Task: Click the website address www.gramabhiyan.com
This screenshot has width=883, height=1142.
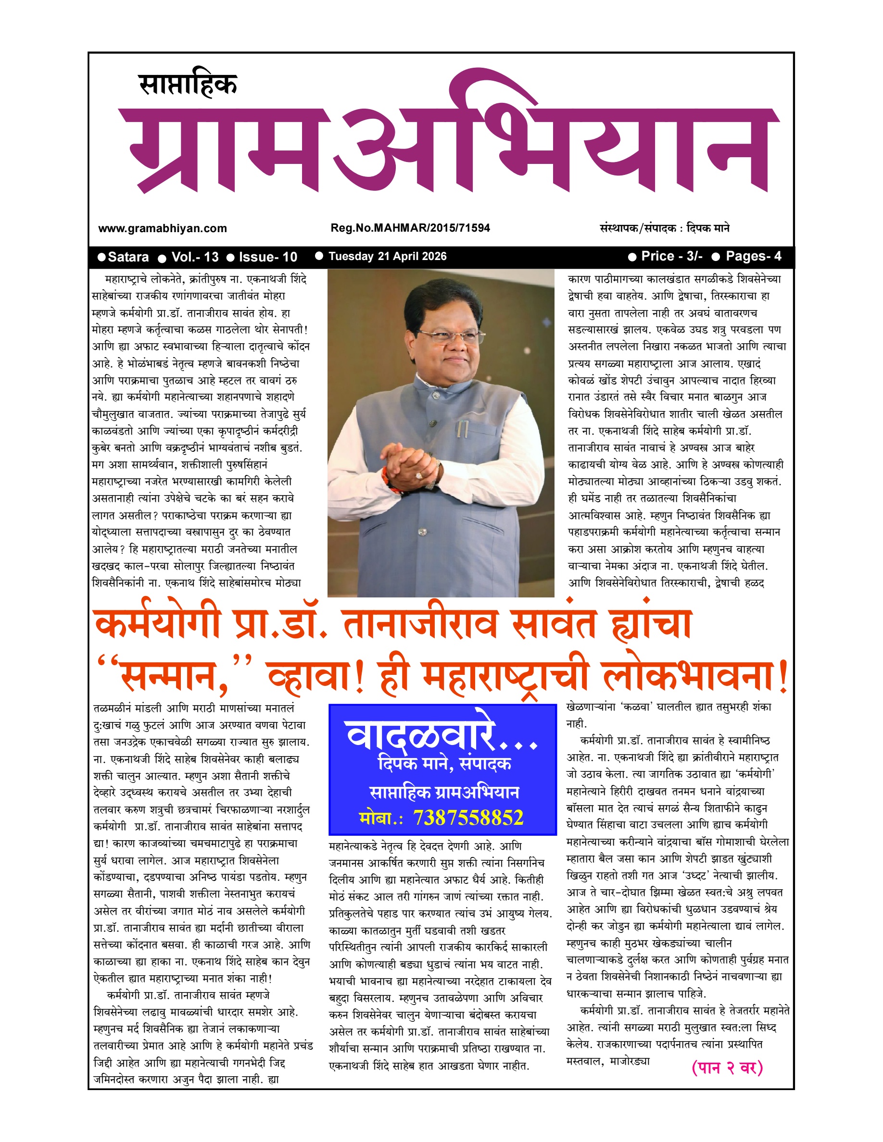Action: point(162,228)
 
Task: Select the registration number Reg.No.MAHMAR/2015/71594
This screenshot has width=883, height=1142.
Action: point(410,228)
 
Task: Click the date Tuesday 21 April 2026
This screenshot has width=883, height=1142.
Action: point(387,256)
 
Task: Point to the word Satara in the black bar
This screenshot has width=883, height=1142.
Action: point(128,257)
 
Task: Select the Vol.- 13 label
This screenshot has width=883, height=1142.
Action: point(195,257)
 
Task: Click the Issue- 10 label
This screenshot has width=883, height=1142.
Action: point(268,257)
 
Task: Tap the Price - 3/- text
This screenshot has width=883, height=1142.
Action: point(672,256)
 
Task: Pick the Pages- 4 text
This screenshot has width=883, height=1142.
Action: point(753,256)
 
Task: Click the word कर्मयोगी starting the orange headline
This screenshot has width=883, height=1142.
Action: point(157,624)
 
